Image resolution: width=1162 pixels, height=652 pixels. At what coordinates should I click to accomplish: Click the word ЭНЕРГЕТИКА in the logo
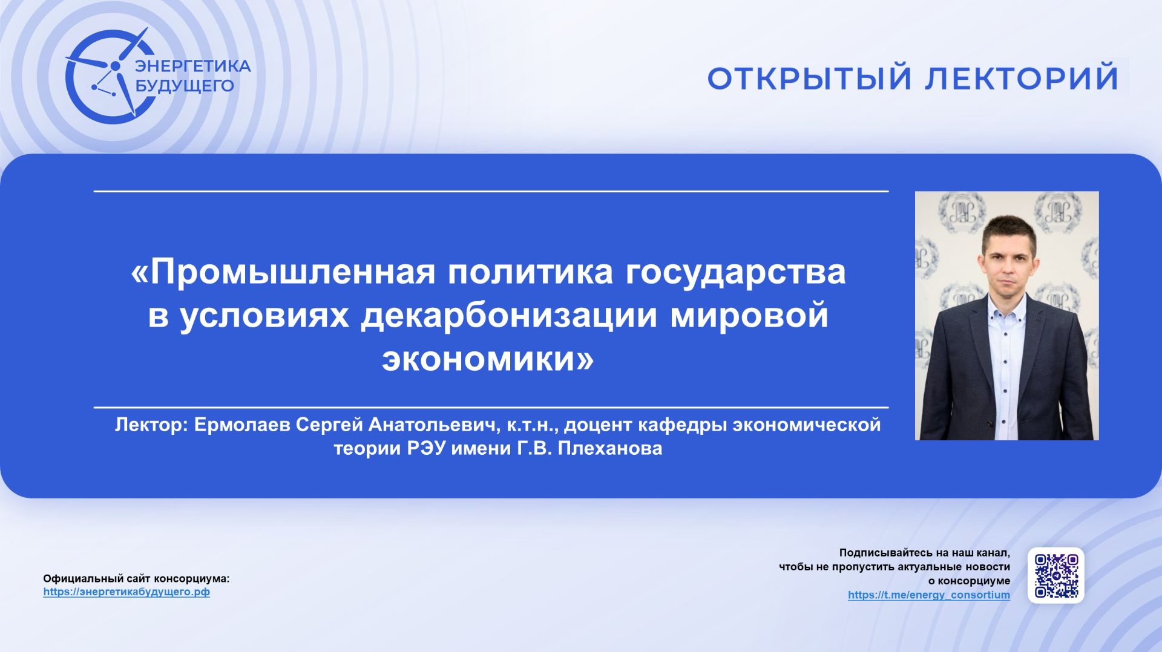pyautogui.click(x=192, y=66)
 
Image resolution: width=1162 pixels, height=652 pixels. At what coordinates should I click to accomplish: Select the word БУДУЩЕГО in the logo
pyautogui.click(x=184, y=85)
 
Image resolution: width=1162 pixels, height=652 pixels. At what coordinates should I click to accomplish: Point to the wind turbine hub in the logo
pyautogui.click(x=114, y=65)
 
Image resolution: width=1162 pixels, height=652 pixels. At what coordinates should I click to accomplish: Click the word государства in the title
pyautogui.click(x=735, y=272)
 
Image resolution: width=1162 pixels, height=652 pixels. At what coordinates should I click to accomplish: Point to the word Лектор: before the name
pyautogui.click(x=151, y=425)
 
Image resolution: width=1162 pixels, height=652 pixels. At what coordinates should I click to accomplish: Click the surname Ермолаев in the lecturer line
pyautogui.click(x=242, y=425)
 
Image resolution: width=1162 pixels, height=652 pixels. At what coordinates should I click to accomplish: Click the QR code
pyautogui.click(x=1055, y=575)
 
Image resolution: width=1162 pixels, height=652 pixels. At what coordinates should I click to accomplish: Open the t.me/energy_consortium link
pyautogui.click(x=928, y=595)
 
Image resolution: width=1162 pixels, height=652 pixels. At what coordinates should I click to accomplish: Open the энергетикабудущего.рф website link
pyautogui.click(x=126, y=592)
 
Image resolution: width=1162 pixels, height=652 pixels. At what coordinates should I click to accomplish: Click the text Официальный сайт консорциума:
pyautogui.click(x=136, y=578)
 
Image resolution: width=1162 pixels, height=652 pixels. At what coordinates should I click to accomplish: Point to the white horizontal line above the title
pyautogui.click(x=490, y=191)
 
